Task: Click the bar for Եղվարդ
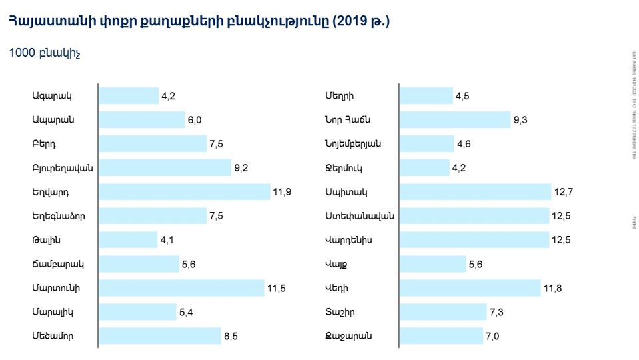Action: pyautogui.click(x=185, y=192)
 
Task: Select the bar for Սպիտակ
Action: pyautogui.click(x=475, y=192)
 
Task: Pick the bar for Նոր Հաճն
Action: pyautogui.click(x=455, y=120)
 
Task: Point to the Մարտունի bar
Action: pyautogui.click(x=182, y=288)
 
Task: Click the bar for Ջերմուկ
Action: pyautogui.click(x=424, y=168)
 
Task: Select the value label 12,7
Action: pyautogui.click(x=562, y=193)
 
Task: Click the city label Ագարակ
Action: pyautogui.click(x=51, y=96)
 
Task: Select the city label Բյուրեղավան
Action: pyautogui.click(x=62, y=168)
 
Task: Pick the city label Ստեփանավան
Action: pyautogui.click(x=360, y=216)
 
